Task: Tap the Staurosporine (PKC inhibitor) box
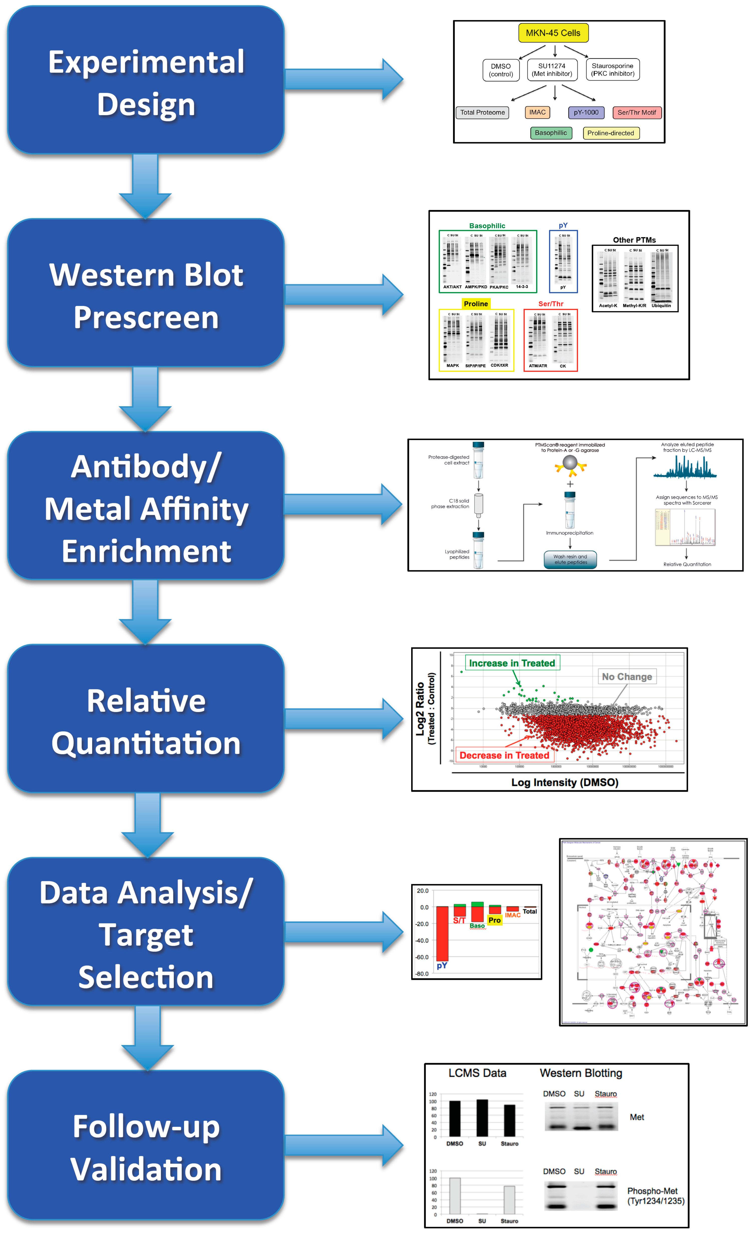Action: point(612,70)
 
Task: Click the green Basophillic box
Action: point(551,133)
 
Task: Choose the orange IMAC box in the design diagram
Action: point(537,113)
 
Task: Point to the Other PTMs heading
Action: point(634,240)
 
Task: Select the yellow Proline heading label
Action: point(476,304)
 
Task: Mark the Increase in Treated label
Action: point(512,663)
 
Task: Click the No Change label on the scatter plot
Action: point(627,677)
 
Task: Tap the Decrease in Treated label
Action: point(504,755)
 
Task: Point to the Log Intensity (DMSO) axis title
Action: point(564,782)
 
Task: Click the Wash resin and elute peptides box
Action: point(570,559)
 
